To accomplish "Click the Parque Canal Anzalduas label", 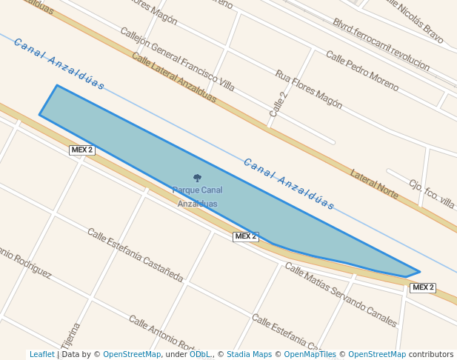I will [197, 196].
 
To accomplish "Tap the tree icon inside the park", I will [197, 178].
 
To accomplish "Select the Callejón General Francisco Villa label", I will [177, 60].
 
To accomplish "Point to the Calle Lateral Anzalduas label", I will [174, 77].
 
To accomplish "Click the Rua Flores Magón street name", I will [308, 89].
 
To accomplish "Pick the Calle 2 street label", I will [278, 104].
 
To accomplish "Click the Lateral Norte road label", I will [374, 184].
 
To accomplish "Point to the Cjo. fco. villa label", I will [431, 194].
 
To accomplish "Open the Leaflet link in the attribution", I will [42, 354].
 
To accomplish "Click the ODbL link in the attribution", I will [200, 354].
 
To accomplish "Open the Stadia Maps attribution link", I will [249, 354].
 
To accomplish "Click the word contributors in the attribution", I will [431, 354].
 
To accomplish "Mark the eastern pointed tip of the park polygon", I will [419, 272].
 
